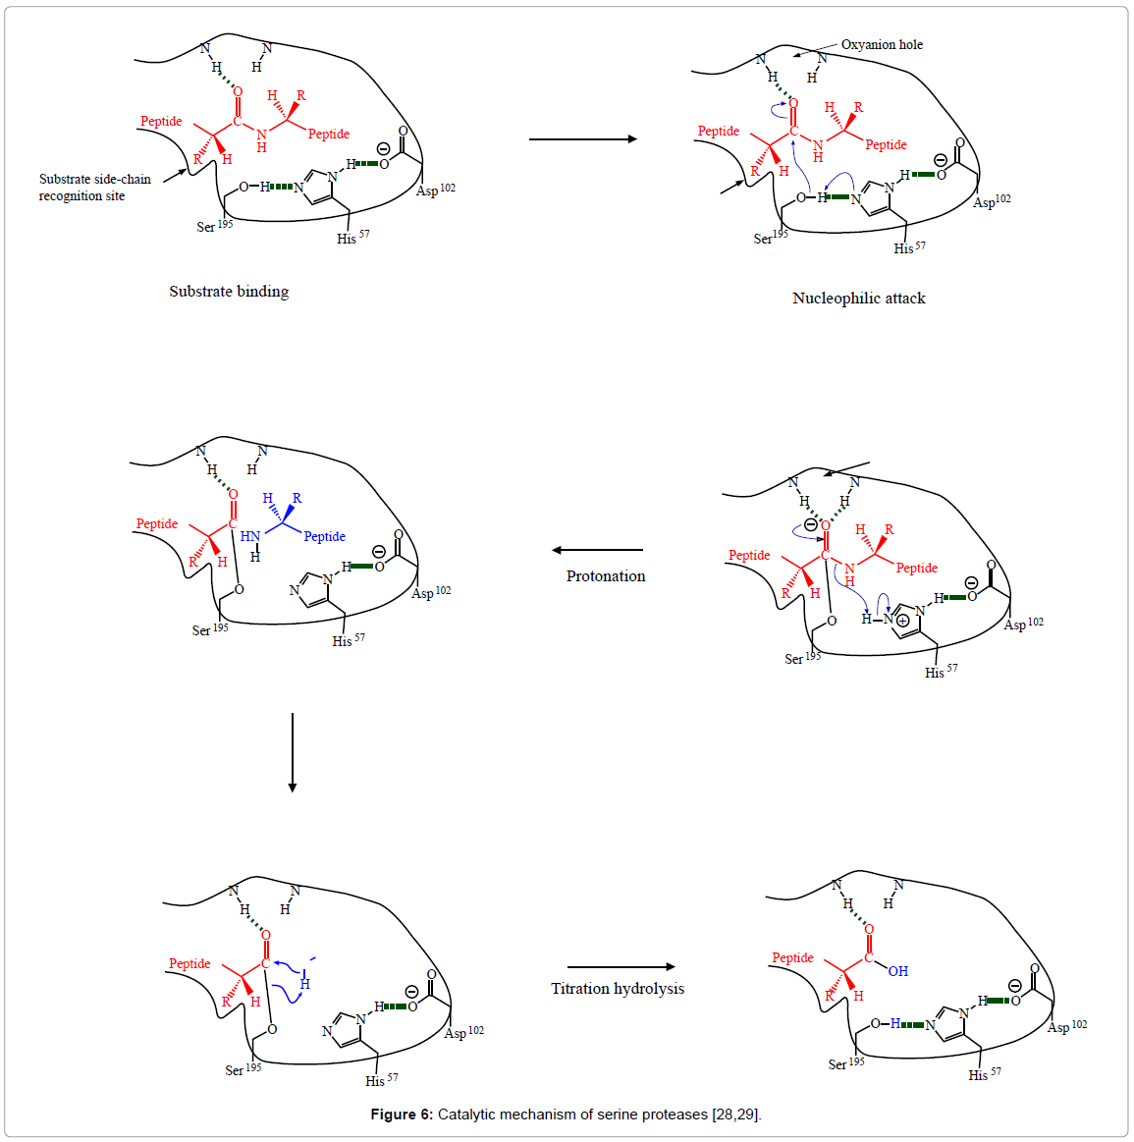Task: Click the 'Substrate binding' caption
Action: [229, 292]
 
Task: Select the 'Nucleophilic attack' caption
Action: [858, 299]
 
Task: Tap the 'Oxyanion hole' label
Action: [882, 45]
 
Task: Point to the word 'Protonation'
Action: [606, 576]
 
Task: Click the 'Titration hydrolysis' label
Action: [618, 989]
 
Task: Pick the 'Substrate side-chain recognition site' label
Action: [94, 188]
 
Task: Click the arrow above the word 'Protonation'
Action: [597, 550]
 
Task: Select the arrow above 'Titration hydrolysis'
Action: [621, 967]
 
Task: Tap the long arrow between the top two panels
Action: [583, 139]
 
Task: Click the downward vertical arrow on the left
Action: [293, 752]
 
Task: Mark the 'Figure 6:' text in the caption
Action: [402, 1115]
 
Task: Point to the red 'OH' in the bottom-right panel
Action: [897, 971]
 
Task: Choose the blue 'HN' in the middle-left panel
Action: [250, 537]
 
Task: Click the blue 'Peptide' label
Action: [324, 537]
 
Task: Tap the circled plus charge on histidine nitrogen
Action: [902, 621]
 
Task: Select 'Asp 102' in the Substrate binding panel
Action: [435, 190]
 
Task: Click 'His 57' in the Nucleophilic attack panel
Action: [909, 248]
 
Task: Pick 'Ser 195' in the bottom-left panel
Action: [243, 1070]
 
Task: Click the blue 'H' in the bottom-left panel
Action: [305, 984]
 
